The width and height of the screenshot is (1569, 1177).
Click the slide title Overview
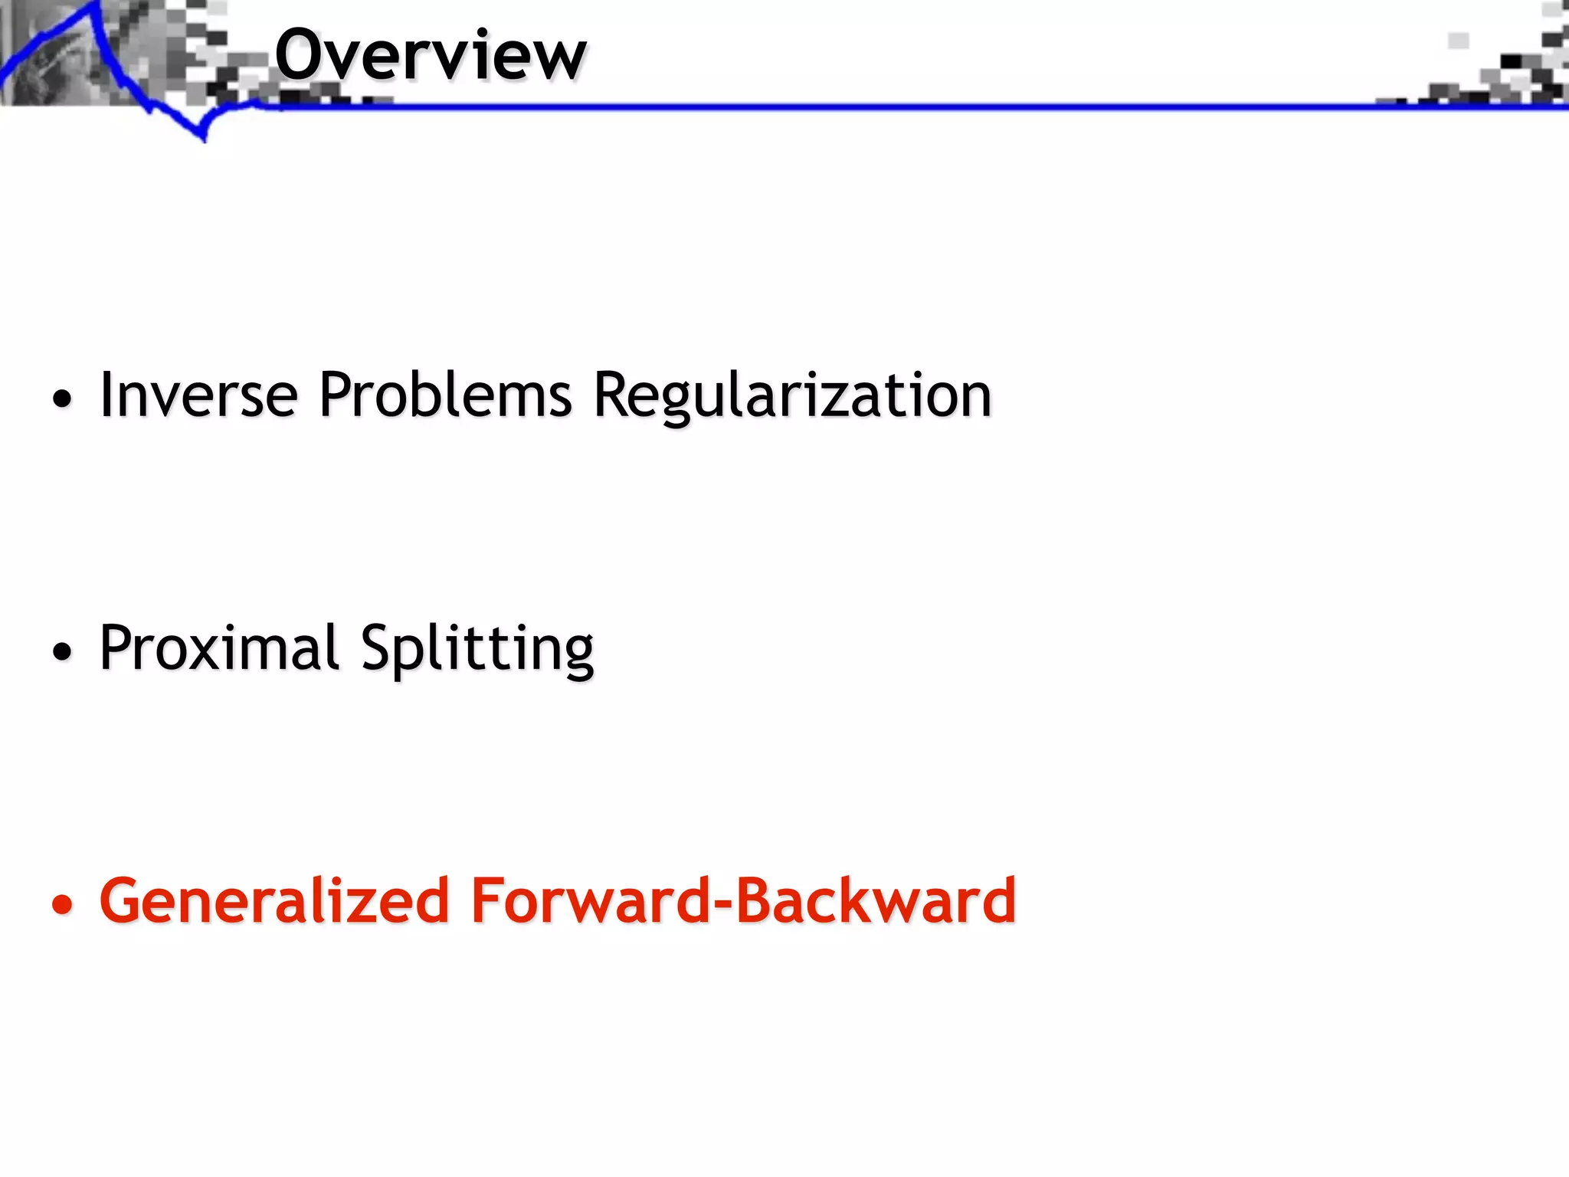[x=431, y=55]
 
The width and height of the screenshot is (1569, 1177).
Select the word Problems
[x=445, y=395]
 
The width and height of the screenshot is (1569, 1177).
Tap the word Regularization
[x=792, y=395]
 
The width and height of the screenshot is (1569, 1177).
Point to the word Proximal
[x=219, y=648]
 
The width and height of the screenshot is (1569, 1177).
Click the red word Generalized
[x=274, y=900]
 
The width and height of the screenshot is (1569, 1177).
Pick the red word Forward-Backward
[x=743, y=900]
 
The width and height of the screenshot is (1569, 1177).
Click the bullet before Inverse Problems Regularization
[x=62, y=399]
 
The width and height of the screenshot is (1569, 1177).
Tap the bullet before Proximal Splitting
[x=62, y=652]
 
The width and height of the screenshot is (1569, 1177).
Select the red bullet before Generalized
[x=62, y=905]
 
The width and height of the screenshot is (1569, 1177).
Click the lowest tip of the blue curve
[x=204, y=139]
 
